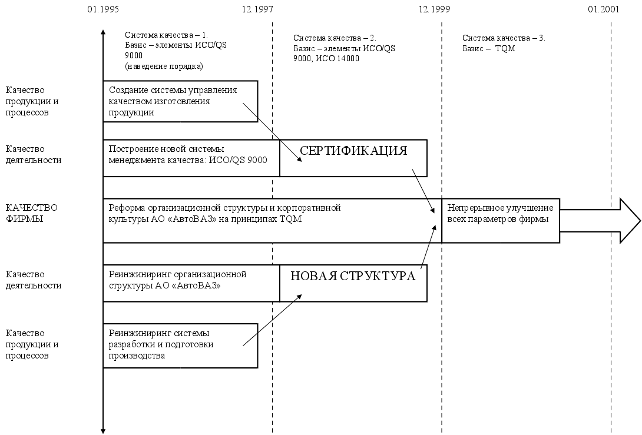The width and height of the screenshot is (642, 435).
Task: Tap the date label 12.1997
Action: tap(257, 9)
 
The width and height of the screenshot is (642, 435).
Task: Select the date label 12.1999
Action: tap(434, 9)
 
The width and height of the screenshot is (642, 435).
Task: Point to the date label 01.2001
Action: tap(603, 9)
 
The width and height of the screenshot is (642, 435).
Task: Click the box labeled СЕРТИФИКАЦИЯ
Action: tap(353, 158)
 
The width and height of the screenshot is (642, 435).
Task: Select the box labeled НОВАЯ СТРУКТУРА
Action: tap(353, 283)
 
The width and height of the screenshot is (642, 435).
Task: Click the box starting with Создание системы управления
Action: tap(180, 101)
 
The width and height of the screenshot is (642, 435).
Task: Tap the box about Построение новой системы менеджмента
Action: tap(191, 158)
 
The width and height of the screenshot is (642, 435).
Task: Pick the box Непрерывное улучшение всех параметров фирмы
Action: tap(500, 221)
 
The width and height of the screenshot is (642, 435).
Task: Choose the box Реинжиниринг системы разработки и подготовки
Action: tap(180, 345)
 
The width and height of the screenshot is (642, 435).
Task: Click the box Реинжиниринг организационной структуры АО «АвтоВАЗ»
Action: tap(191, 283)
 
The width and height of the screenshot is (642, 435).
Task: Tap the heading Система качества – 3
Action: tap(504, 38)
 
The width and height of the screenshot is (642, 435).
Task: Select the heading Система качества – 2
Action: tap(335, 38)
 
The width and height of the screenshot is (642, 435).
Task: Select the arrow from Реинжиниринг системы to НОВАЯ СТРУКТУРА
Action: tap(272, 320)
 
